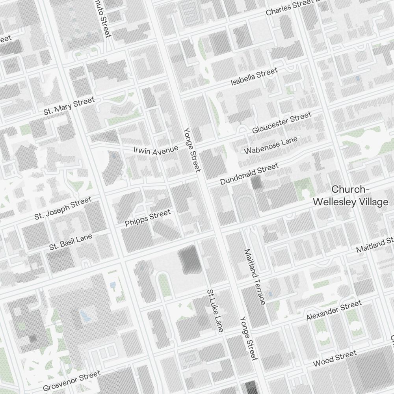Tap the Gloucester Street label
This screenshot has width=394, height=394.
pyautogui.click(x=282, y=123)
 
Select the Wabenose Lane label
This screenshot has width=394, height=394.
pyautogui.click(x=271, y=146)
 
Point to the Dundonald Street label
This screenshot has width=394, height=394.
pyautogui.click(x=249, y=174)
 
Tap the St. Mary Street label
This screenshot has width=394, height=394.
pyautogui.click(x=69, y=106)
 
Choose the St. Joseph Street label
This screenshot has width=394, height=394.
pyautogui.click(x=63, y=208)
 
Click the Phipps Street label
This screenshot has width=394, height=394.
pyautogui.click(x=148, y=218)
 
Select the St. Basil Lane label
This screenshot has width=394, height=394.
pyautogui.click(x=71, y=242)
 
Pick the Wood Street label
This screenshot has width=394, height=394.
pyautogui.click(x=335, y=358)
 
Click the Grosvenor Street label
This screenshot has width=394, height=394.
pyautogui.click(x=72, y=380)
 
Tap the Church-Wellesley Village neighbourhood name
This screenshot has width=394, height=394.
pyautogui.click(x=350, y=196)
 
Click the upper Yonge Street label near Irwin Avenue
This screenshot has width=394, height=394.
pyautogui.click(x=192, y=150)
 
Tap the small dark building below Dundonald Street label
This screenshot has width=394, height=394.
pyautogui.click(x=256, y=184)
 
